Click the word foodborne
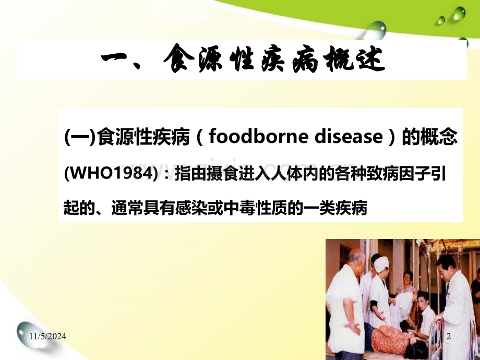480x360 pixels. [x=258, y=136]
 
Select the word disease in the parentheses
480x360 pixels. [x=349, y=136]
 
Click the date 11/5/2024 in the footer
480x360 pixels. [x=48, y=337]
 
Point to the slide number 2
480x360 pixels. [x=449, y=337]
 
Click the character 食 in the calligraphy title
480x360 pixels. [x=178, y=58]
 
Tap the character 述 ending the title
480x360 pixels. [x=368, y=59]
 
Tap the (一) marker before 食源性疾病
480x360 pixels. [x=80, y=137]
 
